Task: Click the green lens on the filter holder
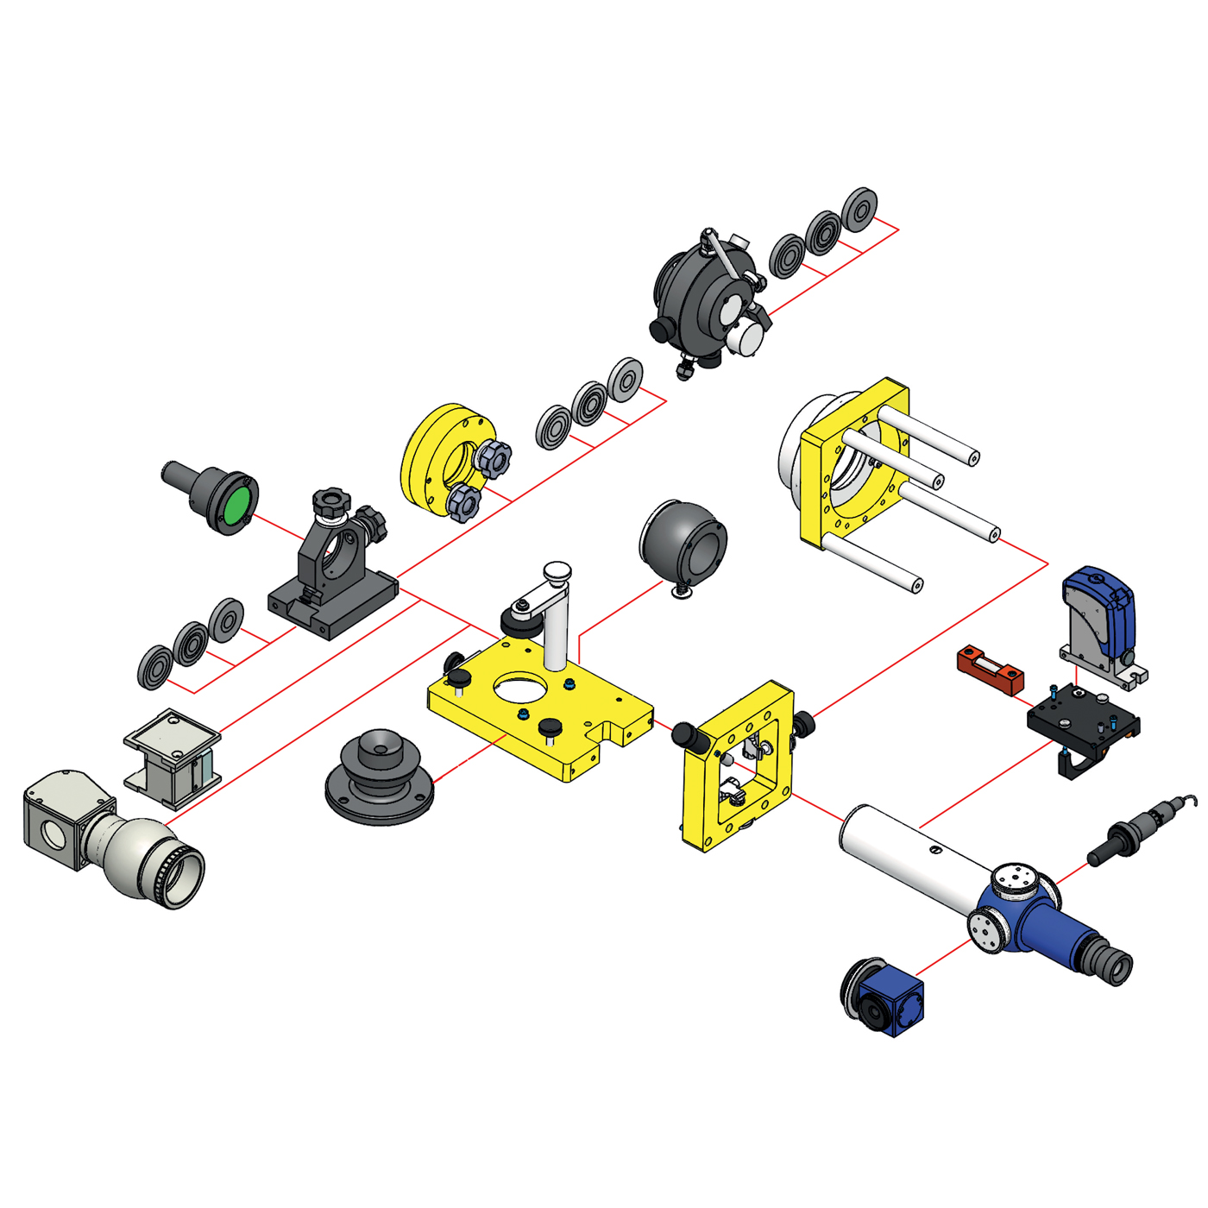click(236, 506)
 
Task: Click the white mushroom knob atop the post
click(557, 571)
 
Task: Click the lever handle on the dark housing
click(720, 254)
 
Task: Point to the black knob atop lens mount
click(331, 501)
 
